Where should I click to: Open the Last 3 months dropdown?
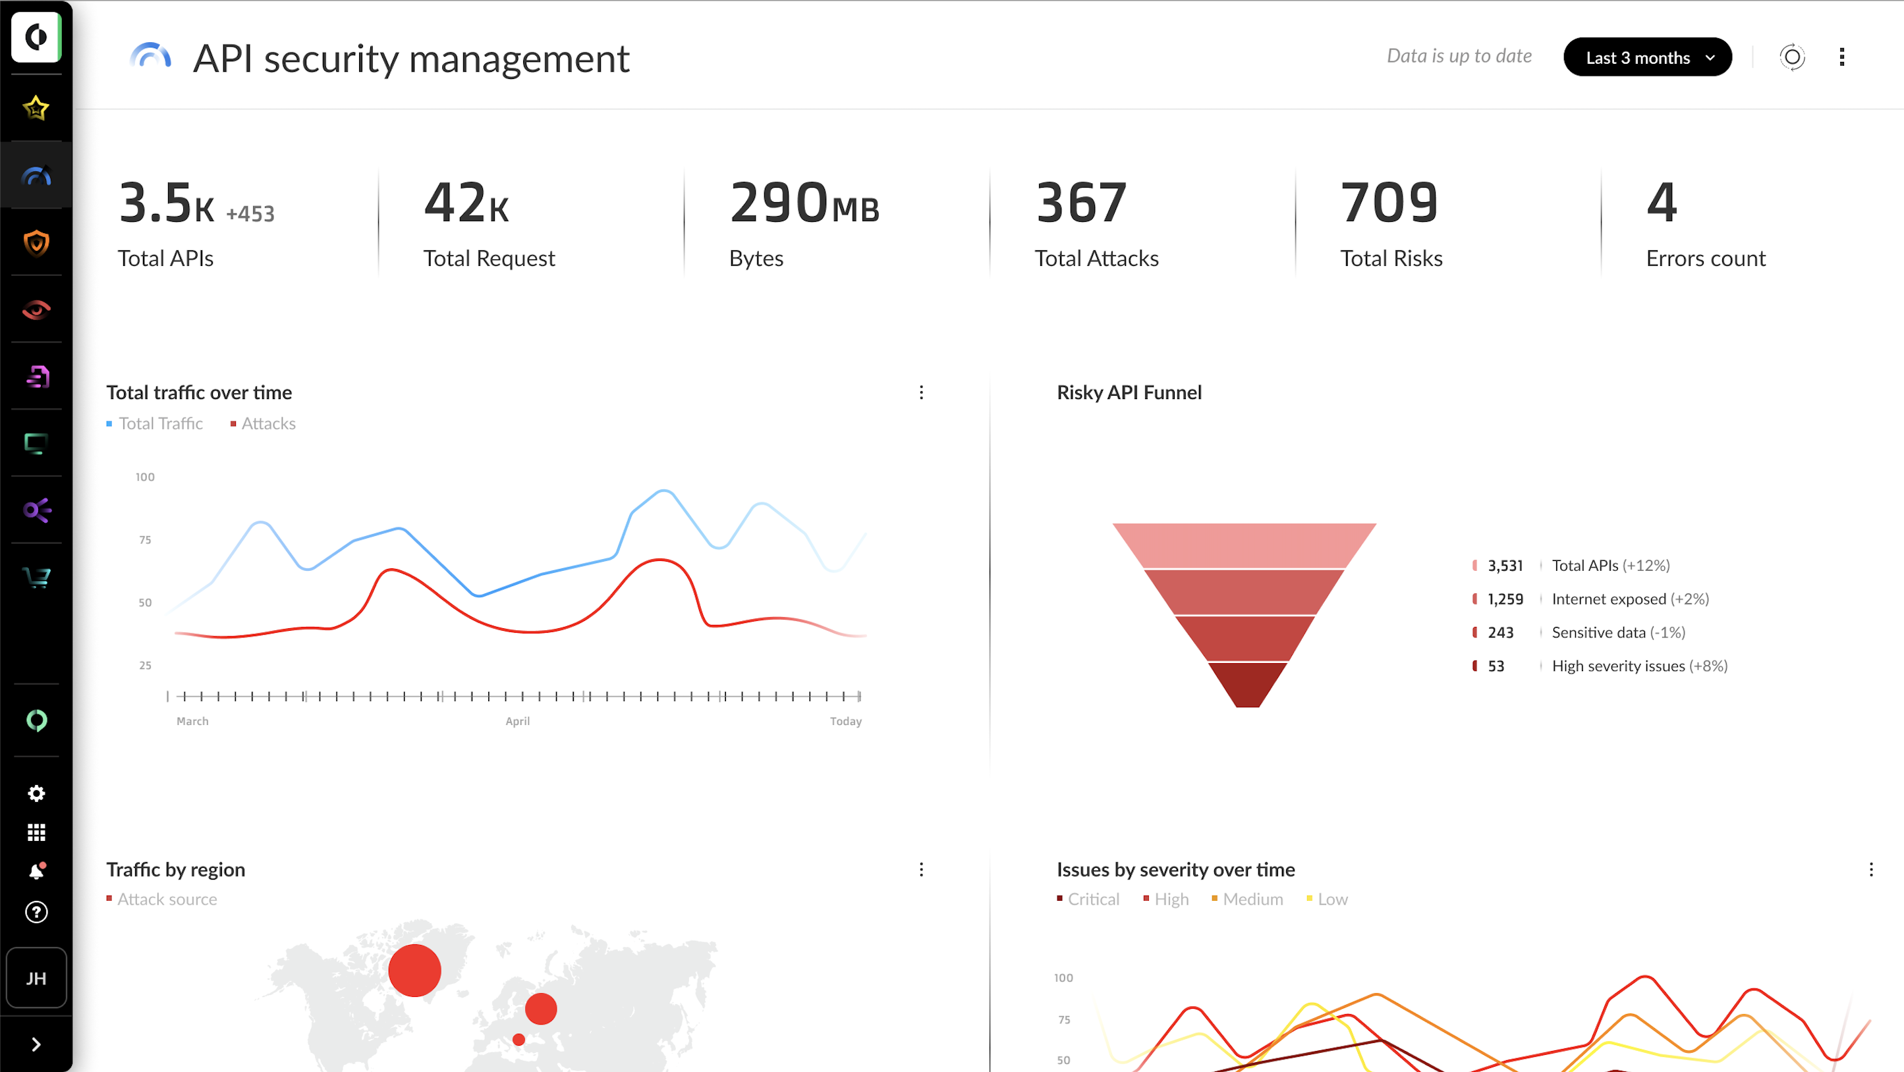[x=1647, y=58]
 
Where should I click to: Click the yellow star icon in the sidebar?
[x=36, y=108]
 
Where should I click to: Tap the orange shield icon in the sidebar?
[x=36, y=242]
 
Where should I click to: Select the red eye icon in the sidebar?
[x=36, y=309]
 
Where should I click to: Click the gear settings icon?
[x=36, y=793]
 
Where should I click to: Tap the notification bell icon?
[x=36, y=871]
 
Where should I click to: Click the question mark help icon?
[x=36, y=913]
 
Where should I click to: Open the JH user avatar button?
[x=36, y=978]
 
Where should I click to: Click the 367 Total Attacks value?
[x=1080, y=203]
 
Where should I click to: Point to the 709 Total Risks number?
[x=1389, y=203]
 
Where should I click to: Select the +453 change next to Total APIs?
[x=250, y=214]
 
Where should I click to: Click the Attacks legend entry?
[x=267, y=423]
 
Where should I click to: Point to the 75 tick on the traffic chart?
[x=145, y=540]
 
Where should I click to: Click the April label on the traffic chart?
[x=517, y=721]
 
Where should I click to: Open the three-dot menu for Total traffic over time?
[x=921, y=392]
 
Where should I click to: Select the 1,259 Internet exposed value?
[x=1505, y=599]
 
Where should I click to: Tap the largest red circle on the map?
[x=414, y=970]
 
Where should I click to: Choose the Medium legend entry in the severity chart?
[x=1252, y=899]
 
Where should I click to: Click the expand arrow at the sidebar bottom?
[x=36, y=1044]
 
